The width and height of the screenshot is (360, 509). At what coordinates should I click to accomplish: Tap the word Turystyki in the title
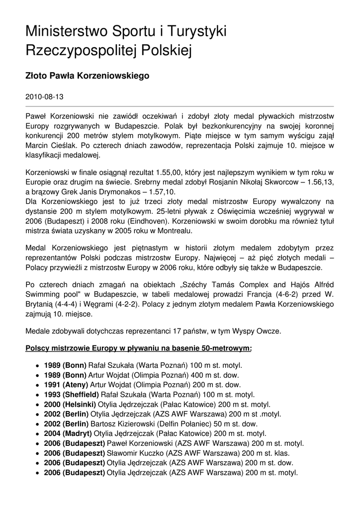click(197, 33)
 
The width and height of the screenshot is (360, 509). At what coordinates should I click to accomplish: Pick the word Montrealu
click(175, 231)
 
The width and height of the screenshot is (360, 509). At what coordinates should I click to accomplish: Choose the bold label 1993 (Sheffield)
click(72, 394)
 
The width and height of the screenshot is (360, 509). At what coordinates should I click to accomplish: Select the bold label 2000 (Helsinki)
click(70, 404)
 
